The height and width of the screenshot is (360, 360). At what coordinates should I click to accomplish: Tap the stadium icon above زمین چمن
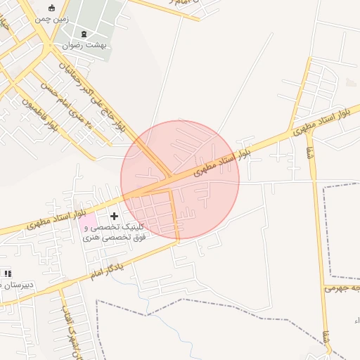coord(53,8)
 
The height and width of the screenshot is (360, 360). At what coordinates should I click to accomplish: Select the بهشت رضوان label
coord(84,45)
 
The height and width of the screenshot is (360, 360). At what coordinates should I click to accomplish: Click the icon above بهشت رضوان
coord(84,34)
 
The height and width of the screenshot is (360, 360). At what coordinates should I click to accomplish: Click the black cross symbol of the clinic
coord(115,215)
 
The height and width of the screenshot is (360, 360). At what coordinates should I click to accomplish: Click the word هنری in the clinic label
coord(91,238)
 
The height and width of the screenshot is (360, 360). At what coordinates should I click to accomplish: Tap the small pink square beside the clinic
coord(88,224)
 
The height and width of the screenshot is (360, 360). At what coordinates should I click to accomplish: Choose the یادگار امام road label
coord(106,269)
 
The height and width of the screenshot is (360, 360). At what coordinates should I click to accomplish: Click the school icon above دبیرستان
coord(8,273)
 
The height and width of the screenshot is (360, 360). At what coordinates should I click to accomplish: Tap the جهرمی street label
coord(342,288)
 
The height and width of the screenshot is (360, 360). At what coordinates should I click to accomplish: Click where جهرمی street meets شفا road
coord(328,288)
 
